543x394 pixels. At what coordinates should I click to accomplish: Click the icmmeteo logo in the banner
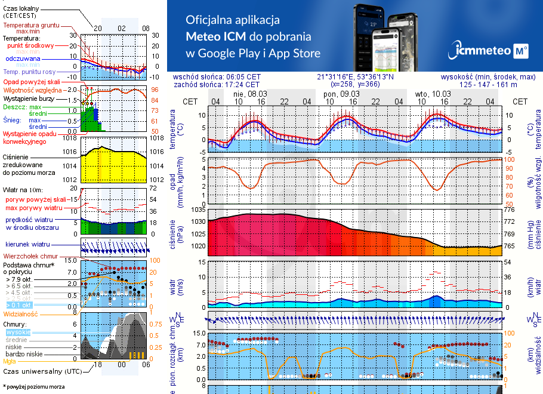490,51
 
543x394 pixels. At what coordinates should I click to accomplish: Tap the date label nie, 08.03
250,94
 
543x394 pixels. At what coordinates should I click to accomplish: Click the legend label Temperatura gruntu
31,26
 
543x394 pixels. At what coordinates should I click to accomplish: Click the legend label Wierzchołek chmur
30,256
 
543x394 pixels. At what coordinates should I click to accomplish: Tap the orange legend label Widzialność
21,313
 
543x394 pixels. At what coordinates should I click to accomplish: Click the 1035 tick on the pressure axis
198,210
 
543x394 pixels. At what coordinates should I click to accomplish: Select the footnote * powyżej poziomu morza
33,387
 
